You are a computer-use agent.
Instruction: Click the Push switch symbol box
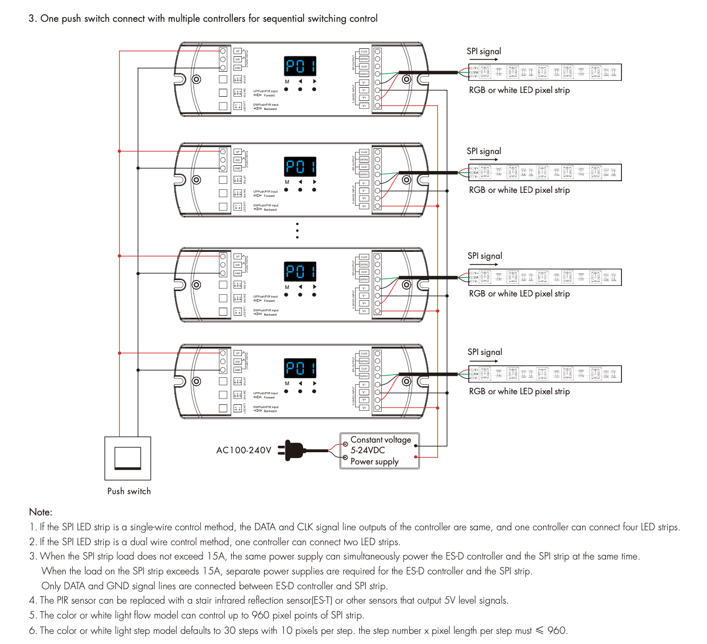(128, 458)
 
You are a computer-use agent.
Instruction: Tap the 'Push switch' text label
(129, 492)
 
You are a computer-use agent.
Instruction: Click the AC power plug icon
(294, 450)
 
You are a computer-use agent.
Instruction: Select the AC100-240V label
(243, 450)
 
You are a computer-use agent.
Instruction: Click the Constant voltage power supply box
(380, 451)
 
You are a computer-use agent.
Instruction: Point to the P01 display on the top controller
(300, 66)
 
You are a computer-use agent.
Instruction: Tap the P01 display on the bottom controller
(300, 368)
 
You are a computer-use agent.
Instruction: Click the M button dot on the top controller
(287, 89)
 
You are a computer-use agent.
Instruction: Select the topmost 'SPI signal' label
(484, 52)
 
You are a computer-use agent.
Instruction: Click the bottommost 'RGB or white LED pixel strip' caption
(519, 392)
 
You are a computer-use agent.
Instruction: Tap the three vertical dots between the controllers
(297, 231)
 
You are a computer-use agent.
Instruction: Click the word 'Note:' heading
(41, 512)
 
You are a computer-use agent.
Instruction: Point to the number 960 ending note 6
(557, 631)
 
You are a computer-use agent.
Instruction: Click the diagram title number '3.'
(32, 19)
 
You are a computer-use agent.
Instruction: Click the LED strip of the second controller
(544, 172)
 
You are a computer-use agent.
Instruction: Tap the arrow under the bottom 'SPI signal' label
(484, 361)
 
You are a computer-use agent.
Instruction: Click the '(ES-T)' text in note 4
(322, 600)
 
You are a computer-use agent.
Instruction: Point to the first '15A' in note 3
(215, 556)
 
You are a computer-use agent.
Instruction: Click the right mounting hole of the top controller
(407, 80)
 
